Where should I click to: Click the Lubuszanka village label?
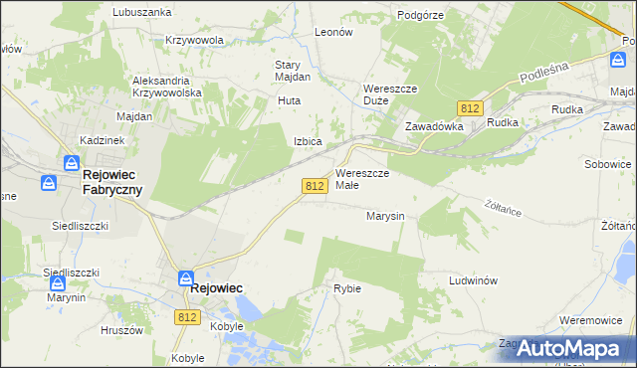point(141,12)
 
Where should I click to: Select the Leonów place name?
point(333,32)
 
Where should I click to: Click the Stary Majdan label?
point(293,71)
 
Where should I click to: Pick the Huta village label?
point(289,100)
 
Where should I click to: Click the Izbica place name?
point(308,141)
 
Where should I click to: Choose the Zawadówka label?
point(434,126)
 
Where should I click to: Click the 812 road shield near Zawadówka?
point(471,107)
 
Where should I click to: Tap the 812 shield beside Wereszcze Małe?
point(315,186)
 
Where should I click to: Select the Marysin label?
point(384,215)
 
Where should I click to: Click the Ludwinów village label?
point(473,280)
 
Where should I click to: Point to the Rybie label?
point(347,288)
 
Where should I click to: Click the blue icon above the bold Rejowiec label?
point(186,278)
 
